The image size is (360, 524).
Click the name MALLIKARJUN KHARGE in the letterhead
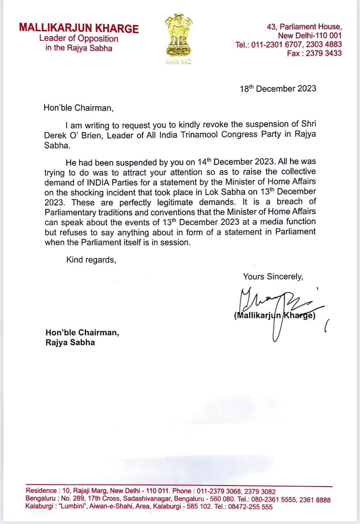tap(79, 28)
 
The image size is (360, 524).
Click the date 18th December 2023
tap(278, 89)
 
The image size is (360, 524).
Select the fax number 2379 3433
tap(324, 53)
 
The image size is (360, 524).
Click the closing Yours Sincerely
tap(273, 276)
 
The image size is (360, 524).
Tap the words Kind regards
tap(91, 260)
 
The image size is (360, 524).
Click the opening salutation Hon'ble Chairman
tap(78, 108)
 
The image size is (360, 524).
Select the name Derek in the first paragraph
tap(55, 135)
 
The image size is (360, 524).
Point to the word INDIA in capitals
tap(92, 181)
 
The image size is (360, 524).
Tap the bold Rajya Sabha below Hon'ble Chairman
tap(70, 343)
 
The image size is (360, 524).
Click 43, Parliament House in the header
tap(304, 27)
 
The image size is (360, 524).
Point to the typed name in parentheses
tap(275, 316)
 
